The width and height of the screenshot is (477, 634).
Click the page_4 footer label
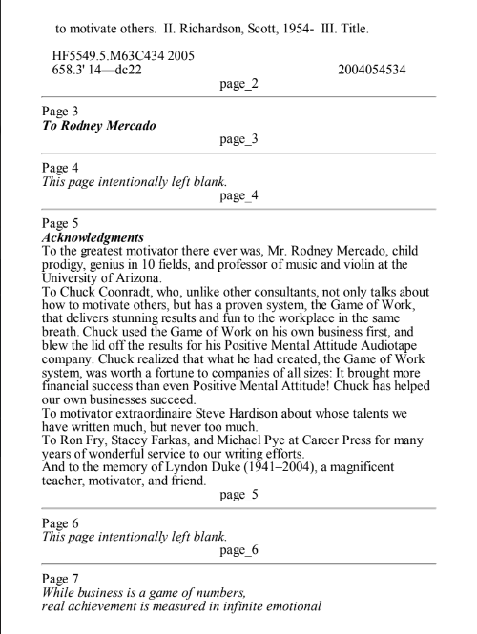click(x=238, y=196)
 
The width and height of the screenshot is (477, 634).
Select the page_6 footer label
click(x=238, y=551)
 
